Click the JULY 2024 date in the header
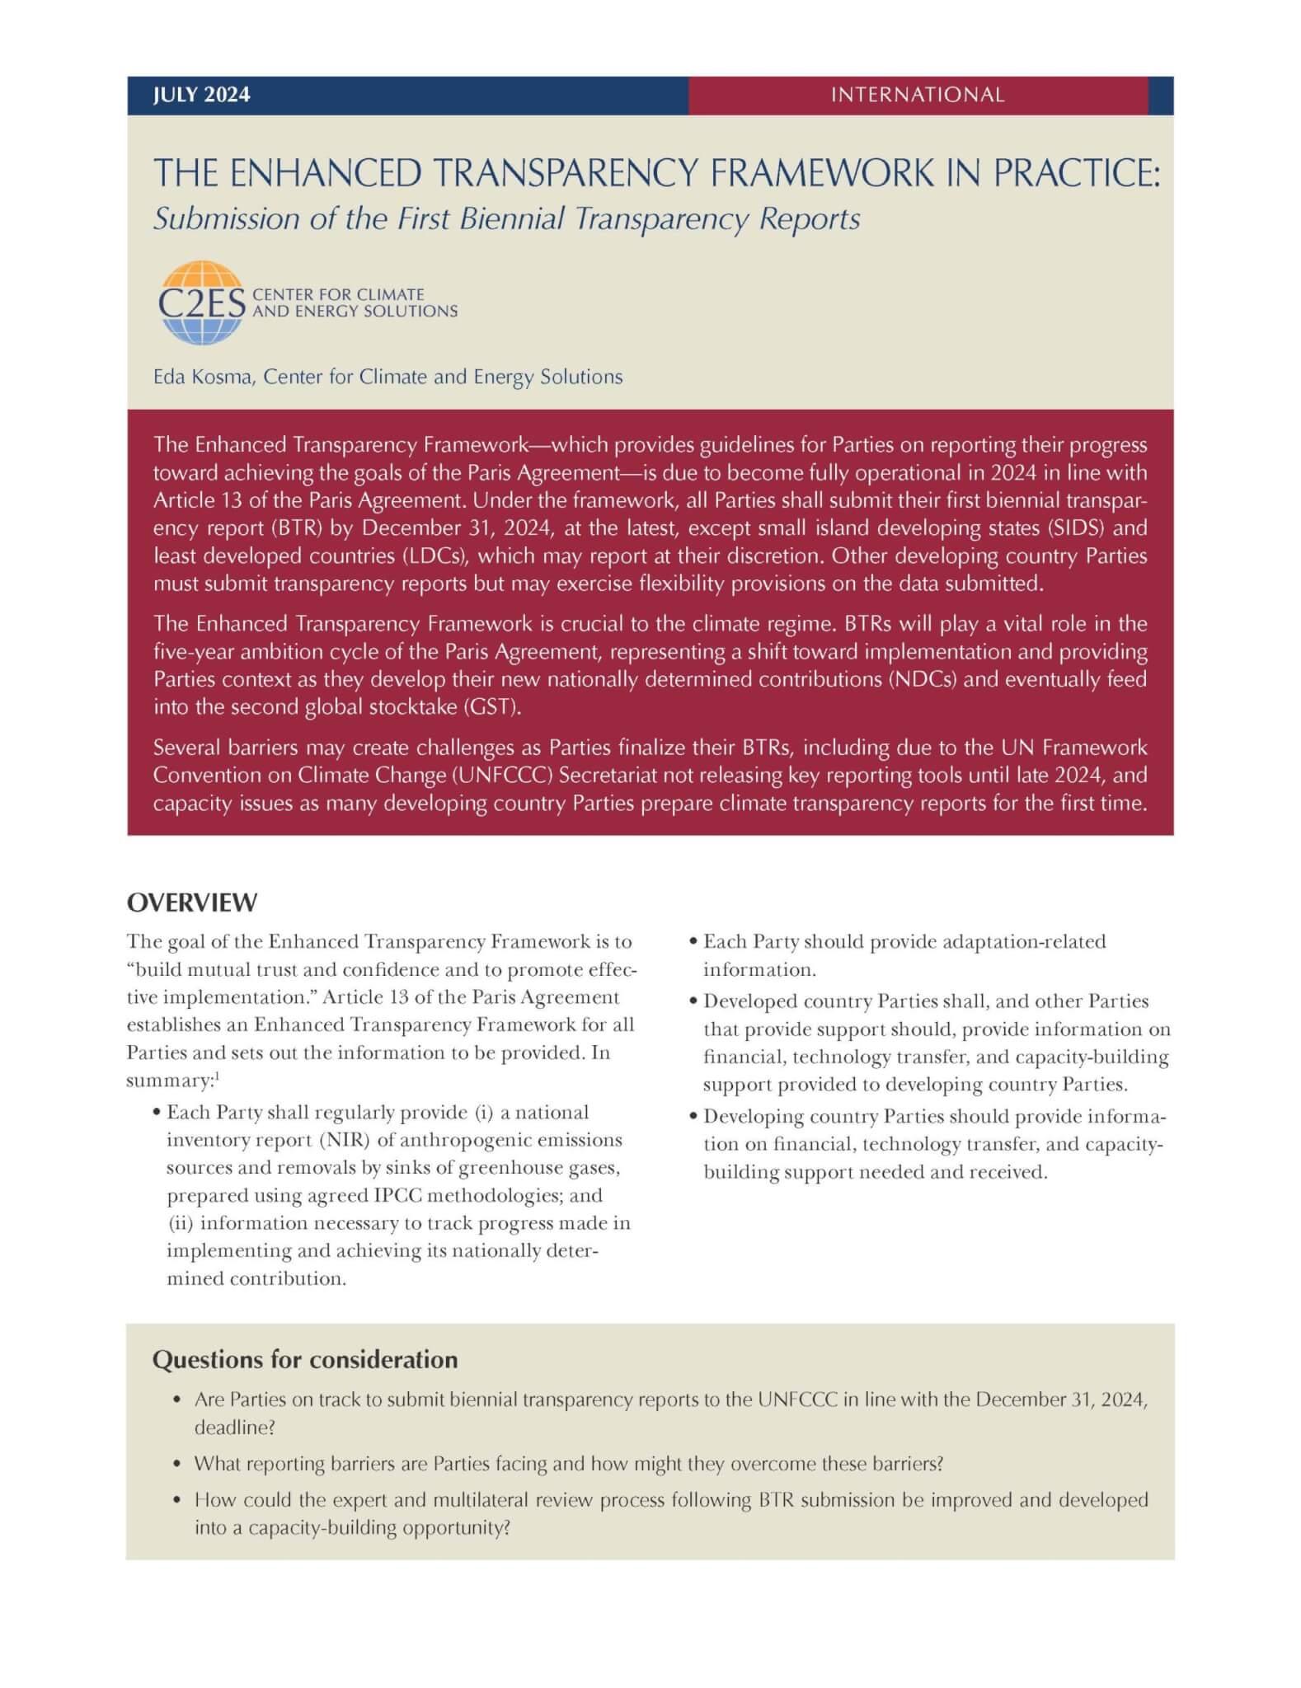point(201,95)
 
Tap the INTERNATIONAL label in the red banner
point(917,95)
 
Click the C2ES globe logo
point(200,302)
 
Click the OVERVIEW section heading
point(191,903)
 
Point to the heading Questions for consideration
point(304,1359)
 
